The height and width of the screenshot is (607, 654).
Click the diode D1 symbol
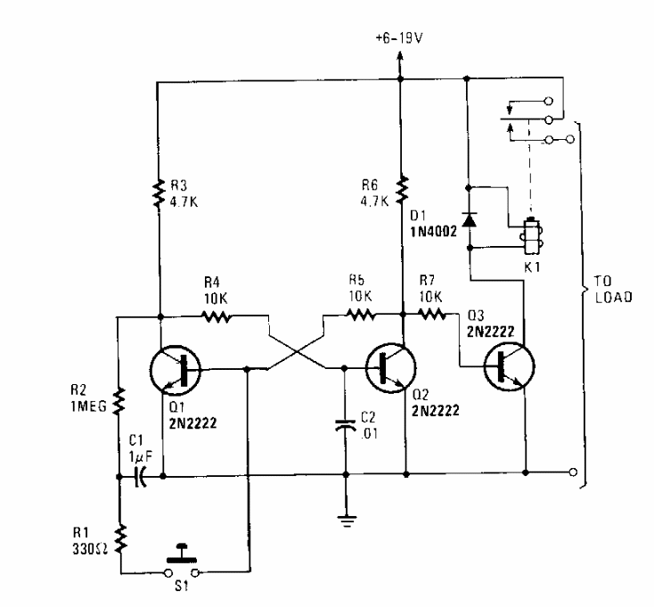467,218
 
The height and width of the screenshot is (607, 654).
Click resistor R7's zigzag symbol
435,314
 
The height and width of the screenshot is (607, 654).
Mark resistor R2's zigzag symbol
119,397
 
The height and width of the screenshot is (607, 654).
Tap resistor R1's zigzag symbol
119,537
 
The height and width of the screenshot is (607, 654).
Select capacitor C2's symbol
344,426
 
